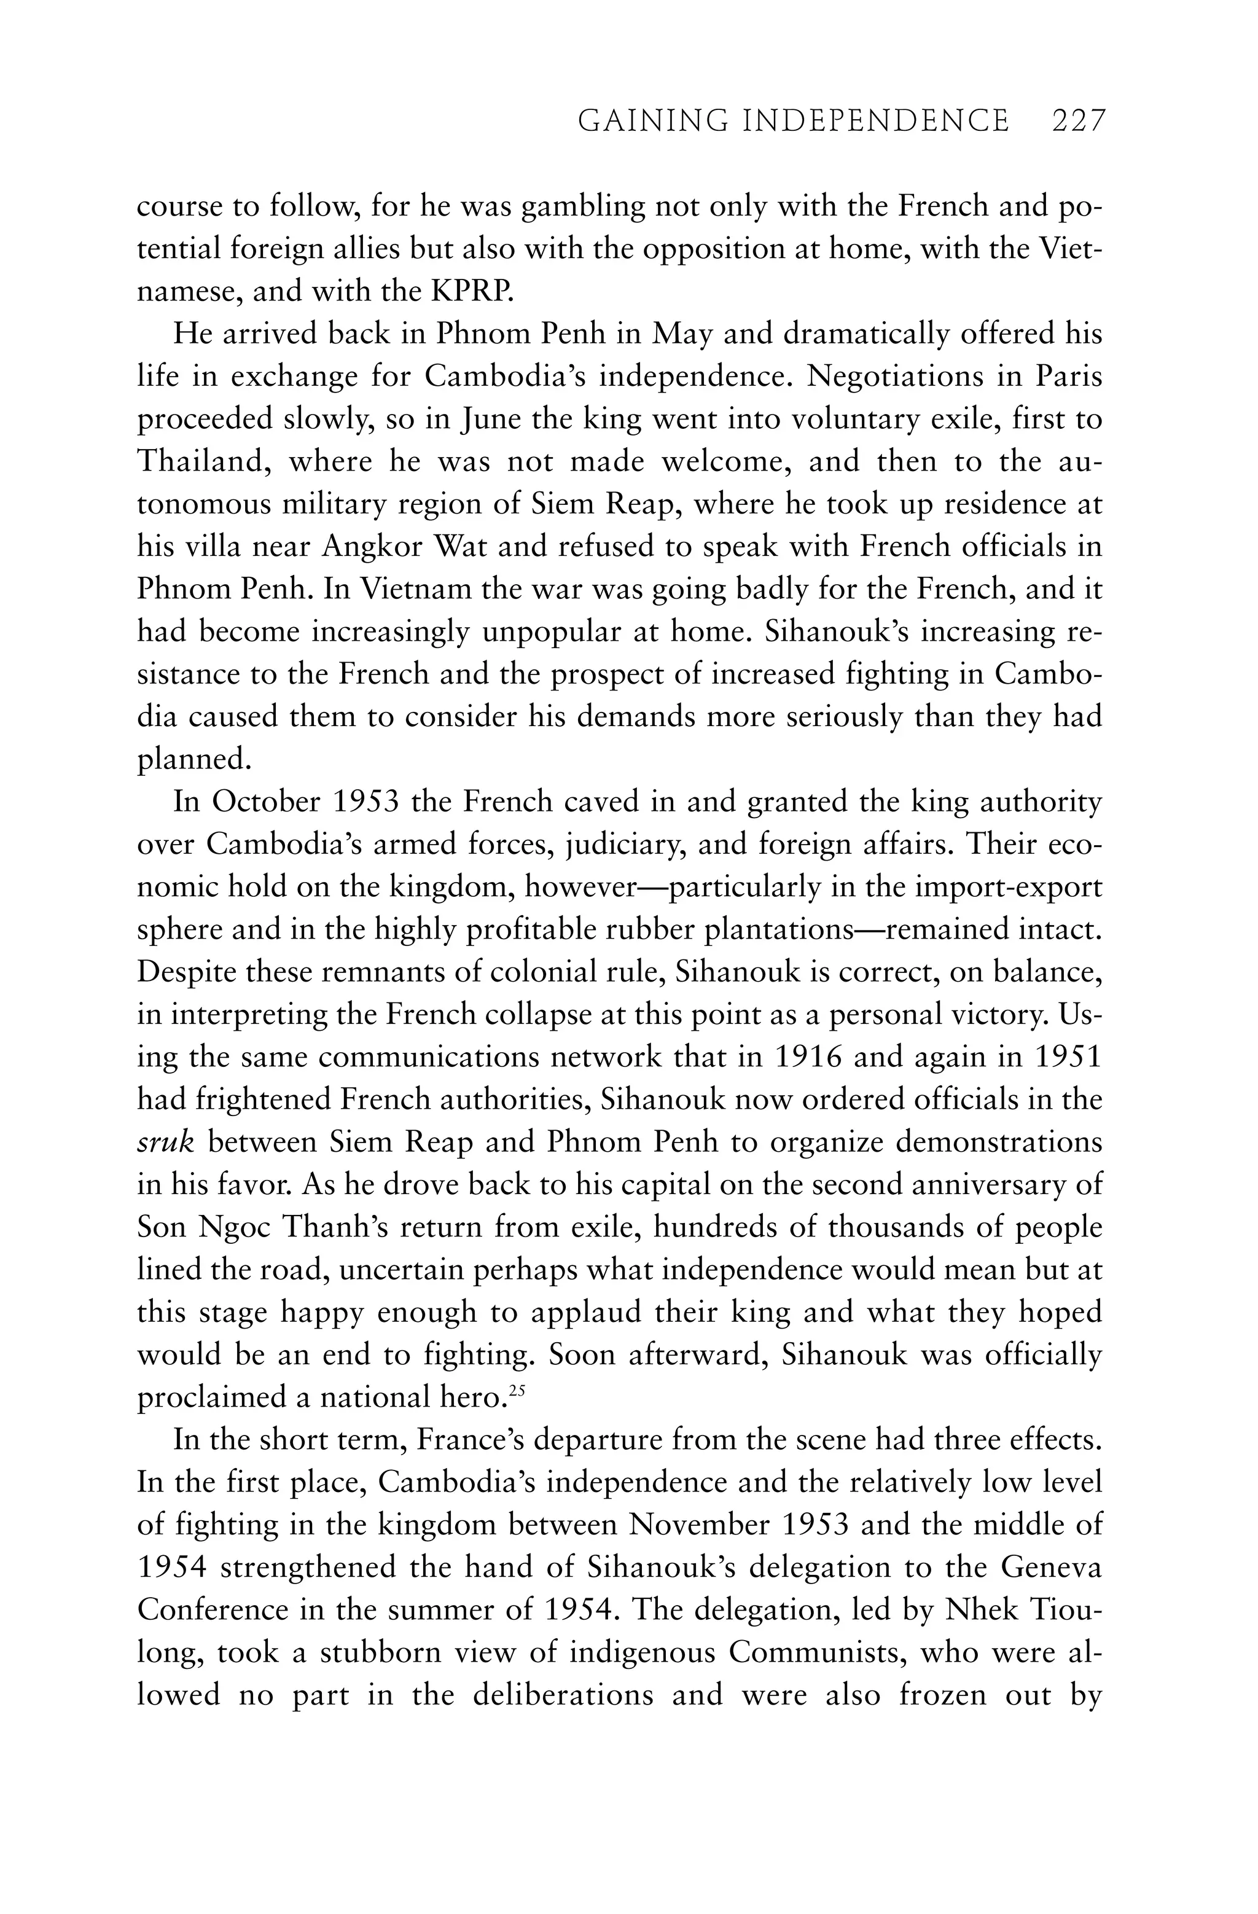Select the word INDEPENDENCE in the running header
tap(876, 122)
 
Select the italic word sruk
tap(165, 1143)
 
